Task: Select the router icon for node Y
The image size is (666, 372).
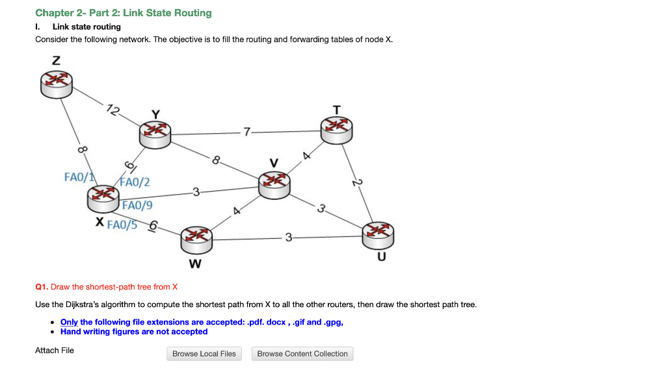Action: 155,135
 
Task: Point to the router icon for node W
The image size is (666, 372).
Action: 196,240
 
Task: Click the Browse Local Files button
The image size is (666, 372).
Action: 204,354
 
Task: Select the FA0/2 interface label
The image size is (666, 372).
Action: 135,182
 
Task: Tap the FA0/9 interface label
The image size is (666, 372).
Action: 137,205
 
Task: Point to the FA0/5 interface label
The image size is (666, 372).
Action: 122,225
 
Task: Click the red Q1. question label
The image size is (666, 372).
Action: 42,287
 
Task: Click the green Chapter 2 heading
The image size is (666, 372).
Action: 124,13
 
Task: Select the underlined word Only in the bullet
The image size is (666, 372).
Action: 69,322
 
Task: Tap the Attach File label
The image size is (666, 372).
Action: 55,351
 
